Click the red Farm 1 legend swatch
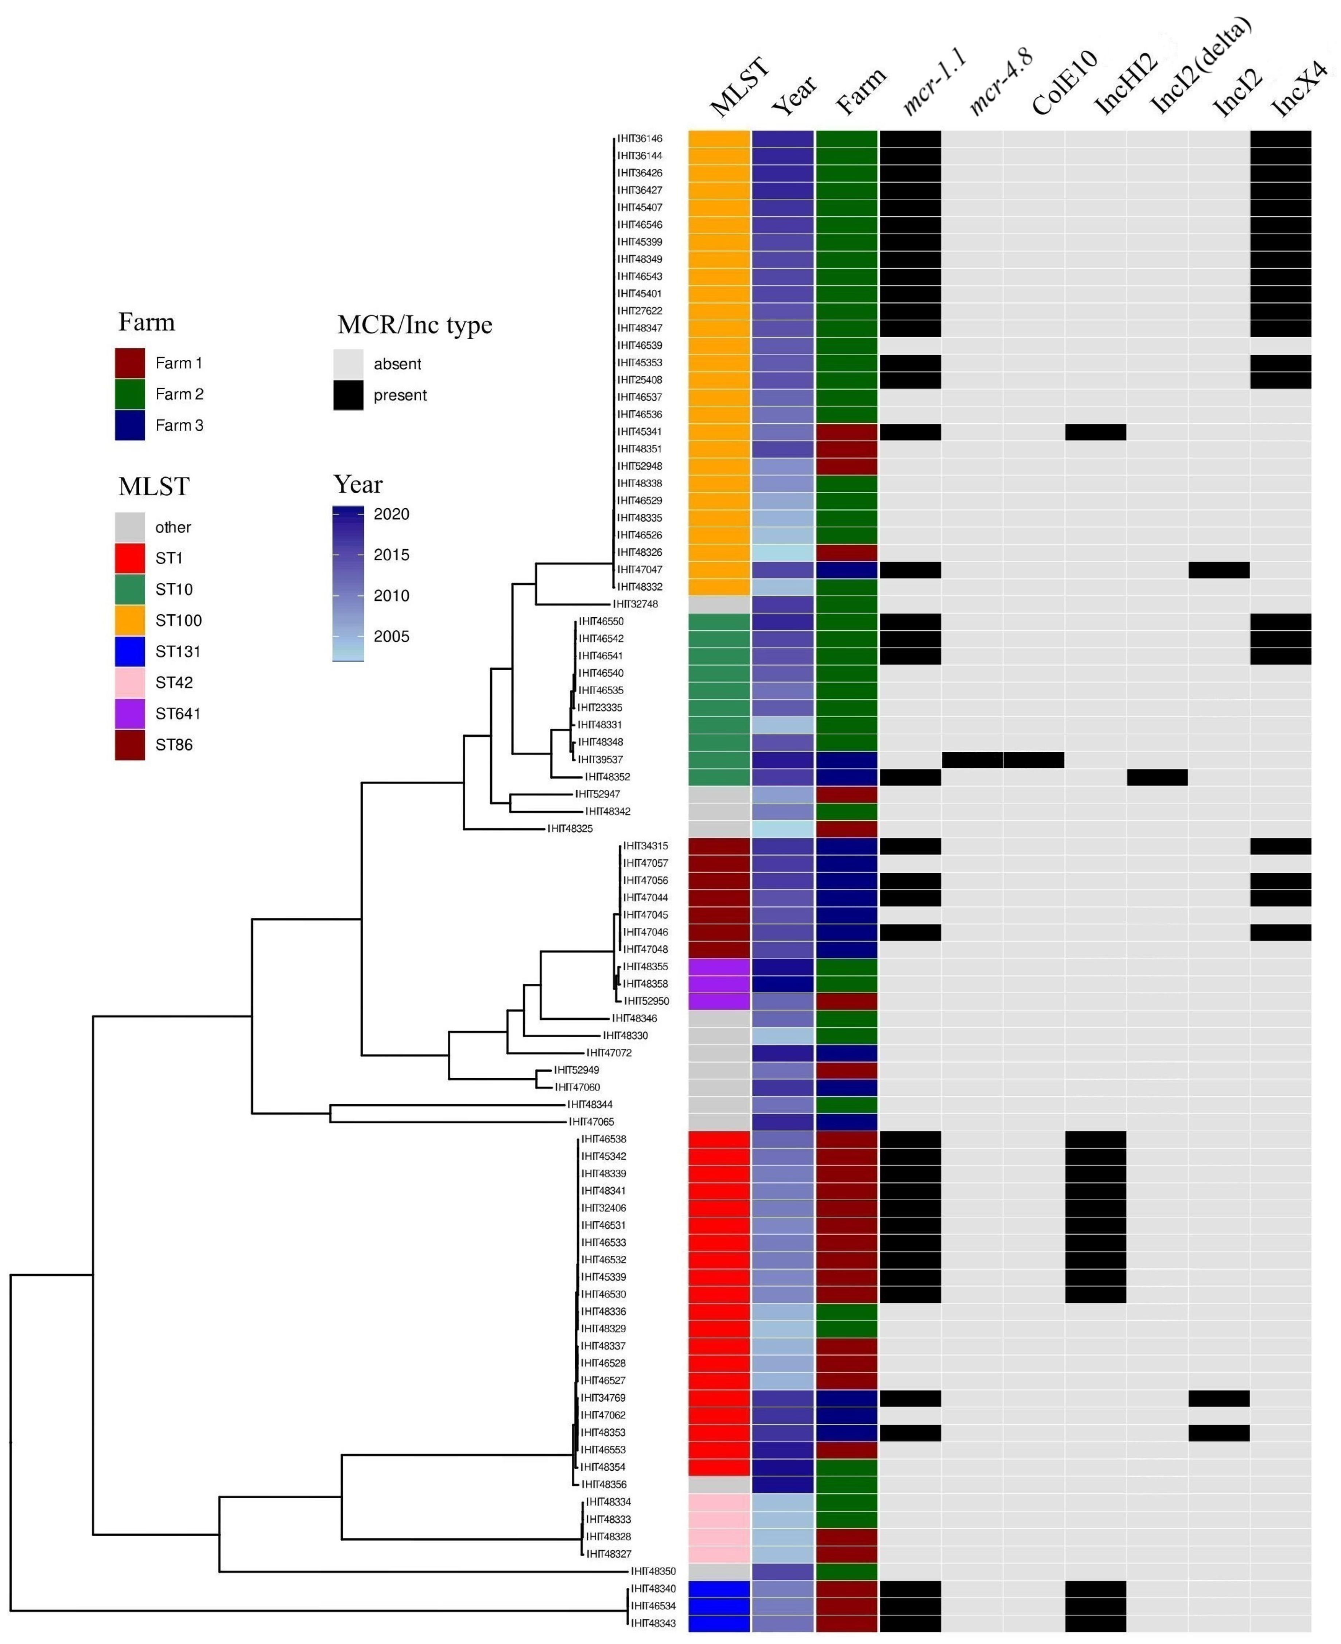pyautogui.click(x=130, y=363)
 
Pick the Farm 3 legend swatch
pyautogui.click(x=130, y=426)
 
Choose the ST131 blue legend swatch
pyautogui.click(x=130, y=651)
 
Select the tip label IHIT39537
pyautogui.click(x=601, y=759)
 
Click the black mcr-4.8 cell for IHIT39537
pyautogui.click(x=972, y=759)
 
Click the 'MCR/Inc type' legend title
pyautogui.click(x=415, y=325)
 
